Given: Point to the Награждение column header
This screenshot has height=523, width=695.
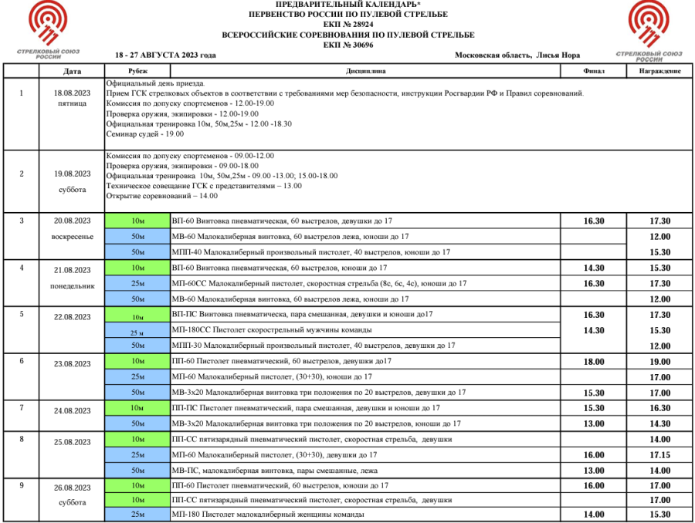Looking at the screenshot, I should [x=659, y=71].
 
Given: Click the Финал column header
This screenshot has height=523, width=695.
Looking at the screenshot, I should [x=593, y=71].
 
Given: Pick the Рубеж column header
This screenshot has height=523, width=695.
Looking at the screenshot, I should [x=137, y=71].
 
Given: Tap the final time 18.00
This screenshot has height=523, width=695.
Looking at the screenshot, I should [x=594, y=361].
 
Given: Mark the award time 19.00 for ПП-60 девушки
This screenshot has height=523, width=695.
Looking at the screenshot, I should [x=659, y=361].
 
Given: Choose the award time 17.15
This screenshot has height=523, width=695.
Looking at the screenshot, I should [x=659, y=455].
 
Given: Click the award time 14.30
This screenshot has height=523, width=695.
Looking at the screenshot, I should [x=659, y=423].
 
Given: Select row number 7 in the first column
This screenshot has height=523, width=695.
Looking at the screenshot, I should [x=21, y=407].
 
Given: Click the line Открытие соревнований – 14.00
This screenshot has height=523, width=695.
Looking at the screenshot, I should [x=161, y=196].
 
